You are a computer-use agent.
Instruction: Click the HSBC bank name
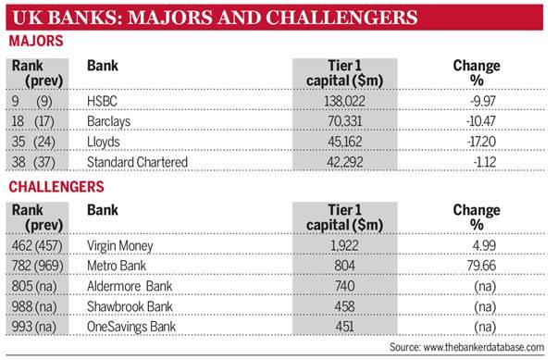pos(102,101)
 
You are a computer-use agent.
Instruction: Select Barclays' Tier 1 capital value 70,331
pos(344,121)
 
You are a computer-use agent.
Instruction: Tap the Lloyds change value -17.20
pos(481,142)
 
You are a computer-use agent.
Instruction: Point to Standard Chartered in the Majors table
pos(137,162)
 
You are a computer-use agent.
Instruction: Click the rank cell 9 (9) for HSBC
pos(32,102)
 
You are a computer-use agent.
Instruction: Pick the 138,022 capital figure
pos(344,101)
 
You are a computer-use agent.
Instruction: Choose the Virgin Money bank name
pos(120,246)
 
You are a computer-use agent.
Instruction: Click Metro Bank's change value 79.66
pos(481,266)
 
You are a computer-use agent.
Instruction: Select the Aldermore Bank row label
pos(130,286)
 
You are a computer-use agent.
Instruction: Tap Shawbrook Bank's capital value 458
pos(344,306)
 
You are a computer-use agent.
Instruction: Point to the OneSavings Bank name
pos(131,327)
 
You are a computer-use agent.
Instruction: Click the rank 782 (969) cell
pos(37,267)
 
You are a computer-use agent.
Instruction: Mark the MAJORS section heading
pos(36,41)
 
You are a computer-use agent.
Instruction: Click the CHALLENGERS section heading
pos(56,187)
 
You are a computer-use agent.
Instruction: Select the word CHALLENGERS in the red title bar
pos(341,18)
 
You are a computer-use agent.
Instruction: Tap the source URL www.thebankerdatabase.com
pos(484,347)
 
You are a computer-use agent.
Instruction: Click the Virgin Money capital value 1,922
pos(344,246)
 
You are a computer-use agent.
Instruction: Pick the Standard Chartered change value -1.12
pos(484,162)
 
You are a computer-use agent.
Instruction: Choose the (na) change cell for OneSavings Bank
pos(485,327)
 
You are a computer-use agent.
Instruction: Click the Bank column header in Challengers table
pos(103,210)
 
